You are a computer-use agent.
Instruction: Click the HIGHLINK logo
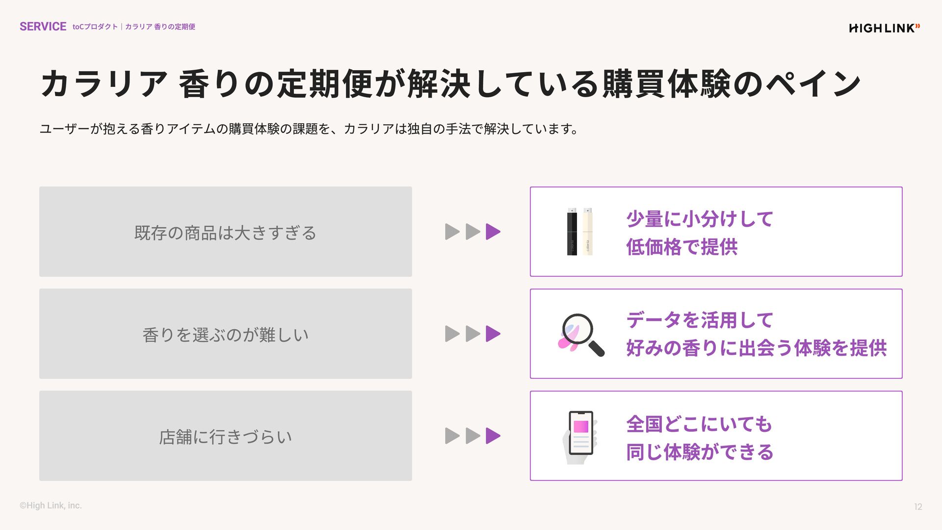tap(884, 28)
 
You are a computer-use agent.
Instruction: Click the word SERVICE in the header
tap(43, 26)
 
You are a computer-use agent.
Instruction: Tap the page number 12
tap(918, 507)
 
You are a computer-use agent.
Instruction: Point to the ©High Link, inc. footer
tap(51, 505)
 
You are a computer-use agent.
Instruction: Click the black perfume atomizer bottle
tap(572, 232)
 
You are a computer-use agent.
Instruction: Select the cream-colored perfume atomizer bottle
tap(588, 232)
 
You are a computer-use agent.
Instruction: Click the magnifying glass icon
tap(582, 334)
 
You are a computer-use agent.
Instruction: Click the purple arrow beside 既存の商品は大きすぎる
tap(493, 232)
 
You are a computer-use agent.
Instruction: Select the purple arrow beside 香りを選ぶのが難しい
tap(493, 334)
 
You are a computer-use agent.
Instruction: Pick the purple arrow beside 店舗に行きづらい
tap(493, 436)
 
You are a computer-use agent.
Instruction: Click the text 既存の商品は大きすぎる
tap(225, 233)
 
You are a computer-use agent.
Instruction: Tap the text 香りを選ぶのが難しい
tap(225, 335)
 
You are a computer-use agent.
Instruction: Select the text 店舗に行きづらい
tap(225, 437)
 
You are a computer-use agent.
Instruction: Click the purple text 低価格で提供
tap(681, 247)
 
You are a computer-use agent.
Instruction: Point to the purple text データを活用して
tap(700, 320)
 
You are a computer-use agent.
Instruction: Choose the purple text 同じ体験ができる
tap(700, 452)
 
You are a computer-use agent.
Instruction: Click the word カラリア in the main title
tap(104, 84)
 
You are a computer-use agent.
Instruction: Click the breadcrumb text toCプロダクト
tap(95, 27)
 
